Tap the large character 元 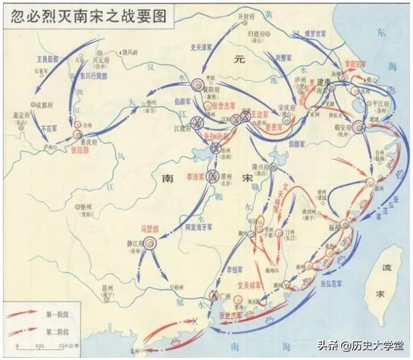coord(238,60)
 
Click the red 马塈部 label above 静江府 coord(149,228)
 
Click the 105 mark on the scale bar coord(40,345)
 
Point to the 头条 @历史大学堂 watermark coord(360,346)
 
